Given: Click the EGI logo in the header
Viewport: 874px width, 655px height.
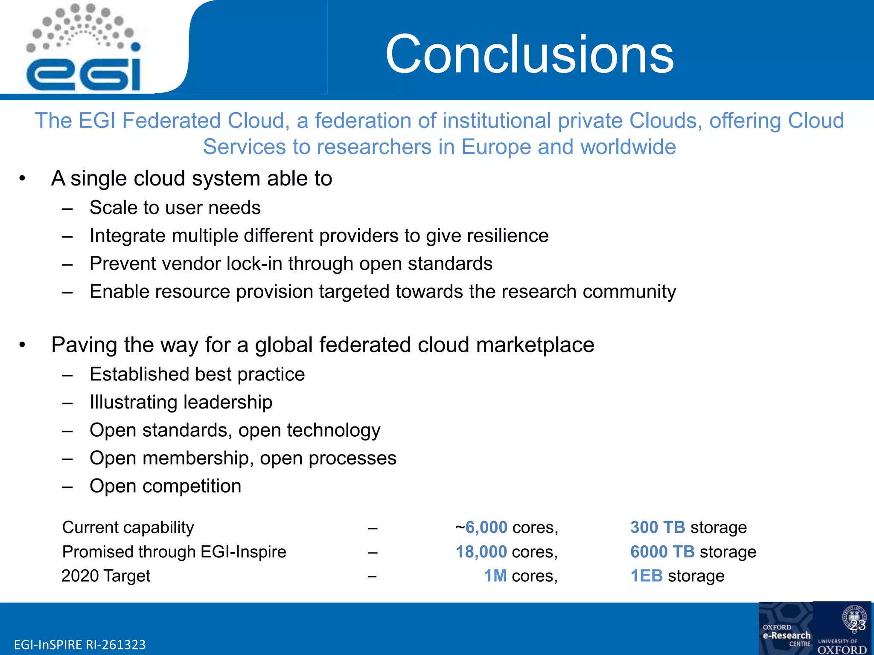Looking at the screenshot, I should [83, 49].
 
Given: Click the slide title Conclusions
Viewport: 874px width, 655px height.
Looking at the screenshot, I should [529, 54].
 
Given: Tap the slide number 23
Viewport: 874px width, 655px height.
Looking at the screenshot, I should [858, 625].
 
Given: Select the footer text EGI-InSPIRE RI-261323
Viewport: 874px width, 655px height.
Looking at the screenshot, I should [80, 644].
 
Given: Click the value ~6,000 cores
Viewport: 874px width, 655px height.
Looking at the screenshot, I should [507, 527].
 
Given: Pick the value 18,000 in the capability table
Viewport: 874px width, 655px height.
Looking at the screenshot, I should [481, 552].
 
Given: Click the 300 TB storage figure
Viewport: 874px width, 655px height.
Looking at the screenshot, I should [688, 527].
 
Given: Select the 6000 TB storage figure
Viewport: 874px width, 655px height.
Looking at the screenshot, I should [693, 552].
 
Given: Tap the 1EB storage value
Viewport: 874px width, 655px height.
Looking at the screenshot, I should [677, 576].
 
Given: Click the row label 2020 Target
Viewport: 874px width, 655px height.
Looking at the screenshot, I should [106, 576].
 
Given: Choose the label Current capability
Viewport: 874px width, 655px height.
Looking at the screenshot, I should [128, 527].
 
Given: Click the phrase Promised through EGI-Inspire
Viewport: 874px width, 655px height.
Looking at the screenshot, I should [174, 552].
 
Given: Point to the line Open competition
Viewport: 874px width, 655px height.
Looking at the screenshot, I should [166, 486].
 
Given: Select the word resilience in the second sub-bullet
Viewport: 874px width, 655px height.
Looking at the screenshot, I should [507, 236].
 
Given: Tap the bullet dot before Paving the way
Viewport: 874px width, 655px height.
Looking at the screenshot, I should [23, 345].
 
